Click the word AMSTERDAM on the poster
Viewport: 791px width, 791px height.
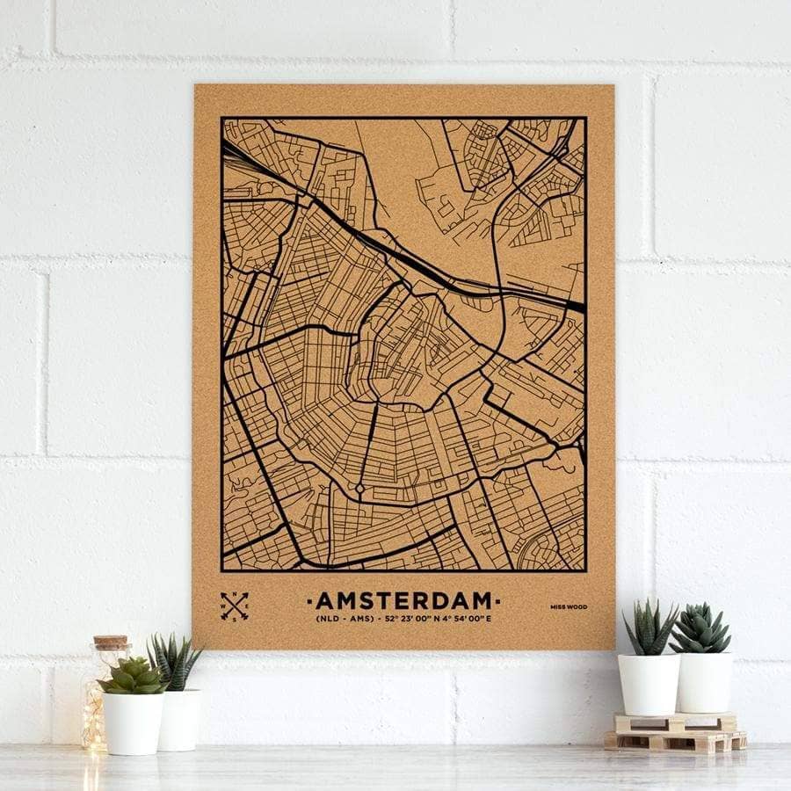tap(404, 601)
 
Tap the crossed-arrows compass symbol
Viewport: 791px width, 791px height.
tap(235, 606)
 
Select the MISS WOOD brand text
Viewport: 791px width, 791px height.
tap(570, 606)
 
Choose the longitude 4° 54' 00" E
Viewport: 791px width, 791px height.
tap(465, 620)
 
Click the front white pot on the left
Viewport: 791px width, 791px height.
tap(133, 722)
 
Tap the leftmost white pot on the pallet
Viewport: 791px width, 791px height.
tap(649, 683)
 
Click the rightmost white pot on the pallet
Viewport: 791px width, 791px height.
tap(704, 681)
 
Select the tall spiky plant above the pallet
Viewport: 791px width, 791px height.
tap(650, 628)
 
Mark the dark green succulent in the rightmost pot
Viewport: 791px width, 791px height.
tap(700, 628)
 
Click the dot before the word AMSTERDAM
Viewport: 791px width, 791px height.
tap(308, 601)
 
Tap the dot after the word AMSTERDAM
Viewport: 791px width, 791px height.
tap(499, 601)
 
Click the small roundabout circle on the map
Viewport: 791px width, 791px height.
tap(359, 489)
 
